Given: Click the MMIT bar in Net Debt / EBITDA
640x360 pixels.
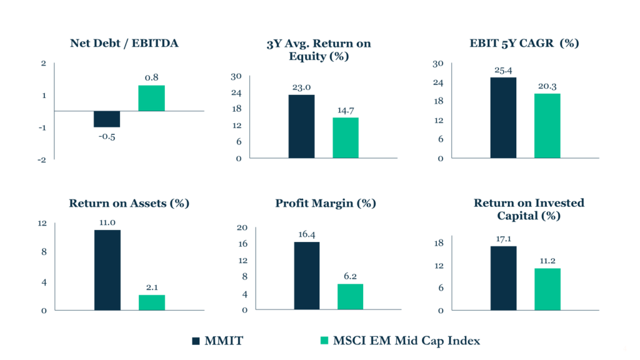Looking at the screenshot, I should pyautogui.click(x=107, y=119).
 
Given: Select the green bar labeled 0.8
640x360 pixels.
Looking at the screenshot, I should pyautogui.click(x=151, y=98).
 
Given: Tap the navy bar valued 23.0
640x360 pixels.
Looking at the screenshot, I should pyautogui.click(x=301, y=126).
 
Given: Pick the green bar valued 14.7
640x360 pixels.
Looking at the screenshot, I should pyautogui.click(x=346, y=137).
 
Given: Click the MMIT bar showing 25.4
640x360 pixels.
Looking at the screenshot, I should pyautogui.click(x=503, y=117).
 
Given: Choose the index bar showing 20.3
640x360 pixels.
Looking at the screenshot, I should pyautogui.click(x=547, y=126).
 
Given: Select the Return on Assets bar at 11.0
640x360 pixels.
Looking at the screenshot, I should pyautogui.click(x=107, y=270).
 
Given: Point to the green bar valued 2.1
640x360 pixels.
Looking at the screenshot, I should pyautogui.click(x=151, y=302).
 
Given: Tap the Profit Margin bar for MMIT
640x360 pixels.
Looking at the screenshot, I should pyautogui.click(x=306, y=276).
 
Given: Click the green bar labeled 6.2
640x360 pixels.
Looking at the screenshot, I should pyautogui.click(x=350, y=297).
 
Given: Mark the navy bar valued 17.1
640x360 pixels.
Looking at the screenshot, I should pyautogui.click(x=503, y=278).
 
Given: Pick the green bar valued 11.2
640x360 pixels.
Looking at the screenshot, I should pyautogui.click(x=547, y=289).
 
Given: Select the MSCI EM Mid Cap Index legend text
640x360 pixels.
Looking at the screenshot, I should pyautogui.click(x=406, y=341).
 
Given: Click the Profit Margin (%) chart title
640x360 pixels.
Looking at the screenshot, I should pyautogui.click(x=326, y=204).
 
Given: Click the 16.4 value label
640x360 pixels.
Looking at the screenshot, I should pyautogui.click(x=306, y=234).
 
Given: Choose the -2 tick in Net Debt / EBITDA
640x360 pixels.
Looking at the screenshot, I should pyautogui.click(x=42, y=160).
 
